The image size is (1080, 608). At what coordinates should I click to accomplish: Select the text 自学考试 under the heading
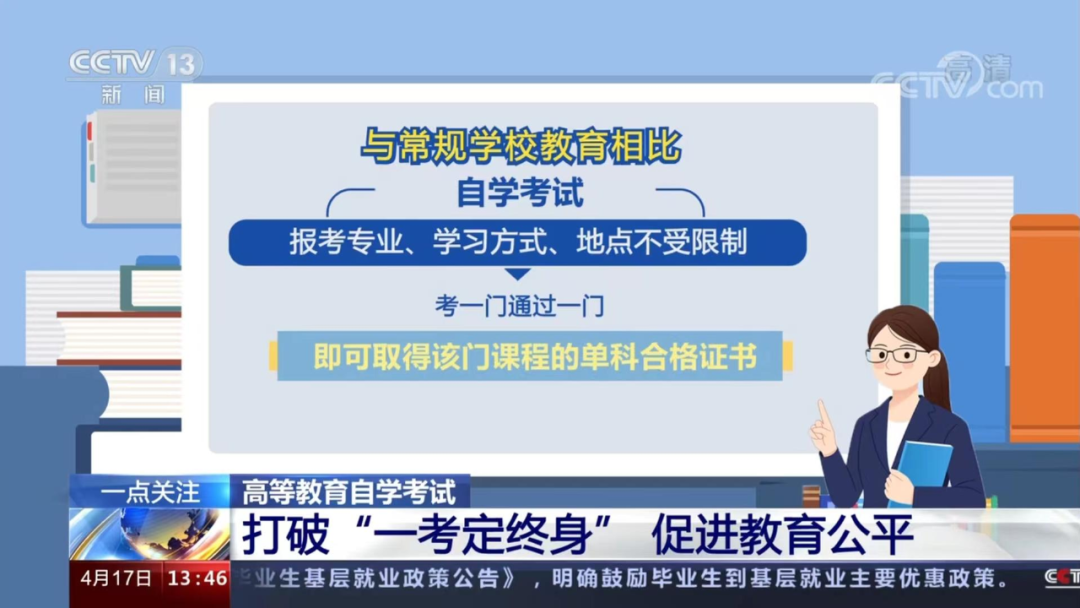520,191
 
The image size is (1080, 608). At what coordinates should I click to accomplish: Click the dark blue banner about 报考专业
517,243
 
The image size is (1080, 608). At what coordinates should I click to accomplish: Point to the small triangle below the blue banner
517,274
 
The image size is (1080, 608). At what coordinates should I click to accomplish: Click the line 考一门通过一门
519,306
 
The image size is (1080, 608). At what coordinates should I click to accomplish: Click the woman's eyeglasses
897,354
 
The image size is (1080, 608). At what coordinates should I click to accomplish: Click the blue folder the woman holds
923,465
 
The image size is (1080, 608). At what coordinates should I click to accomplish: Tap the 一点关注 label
150,492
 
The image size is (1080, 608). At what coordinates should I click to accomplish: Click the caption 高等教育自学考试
349,492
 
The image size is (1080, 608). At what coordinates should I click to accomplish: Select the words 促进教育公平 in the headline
782,536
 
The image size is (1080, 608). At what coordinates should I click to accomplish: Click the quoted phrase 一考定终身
494,536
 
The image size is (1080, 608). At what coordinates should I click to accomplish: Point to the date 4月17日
116,578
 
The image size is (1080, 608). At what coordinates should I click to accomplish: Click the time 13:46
197,578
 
